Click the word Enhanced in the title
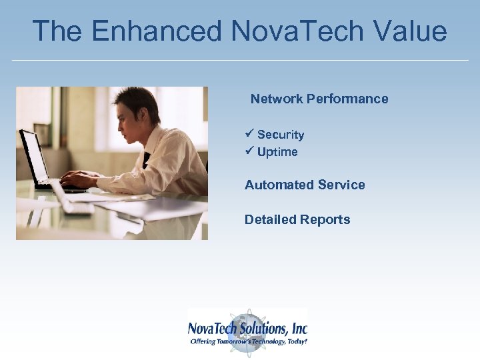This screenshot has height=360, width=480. click(x=157, y=31)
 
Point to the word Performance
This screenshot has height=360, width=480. click(x=347, y=99)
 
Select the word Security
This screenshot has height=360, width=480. click(x=281, y=135)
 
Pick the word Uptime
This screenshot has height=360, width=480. click(x=277, y=152)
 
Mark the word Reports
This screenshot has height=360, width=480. click(x=325, y=219)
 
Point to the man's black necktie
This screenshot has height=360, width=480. click(x=147, y=160)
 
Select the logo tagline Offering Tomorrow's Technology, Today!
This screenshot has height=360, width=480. click(x=249, y=341)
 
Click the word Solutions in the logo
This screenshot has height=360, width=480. click(x=267, y=328)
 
